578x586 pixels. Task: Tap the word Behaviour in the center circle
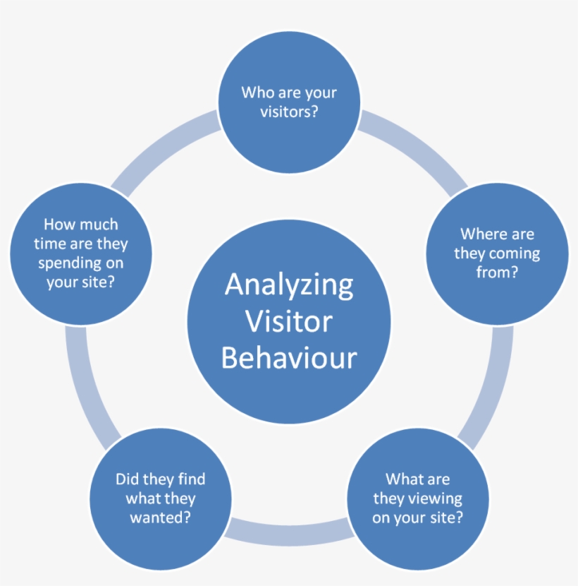click(289, 358)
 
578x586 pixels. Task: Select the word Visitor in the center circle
click(289, 322)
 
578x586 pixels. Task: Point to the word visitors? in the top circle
click(289, 112)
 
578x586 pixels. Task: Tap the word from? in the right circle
click(497, 272)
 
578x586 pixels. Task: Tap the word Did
click(128, 479)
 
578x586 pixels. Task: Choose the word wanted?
click(161, 518)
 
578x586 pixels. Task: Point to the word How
click(59, 225)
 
